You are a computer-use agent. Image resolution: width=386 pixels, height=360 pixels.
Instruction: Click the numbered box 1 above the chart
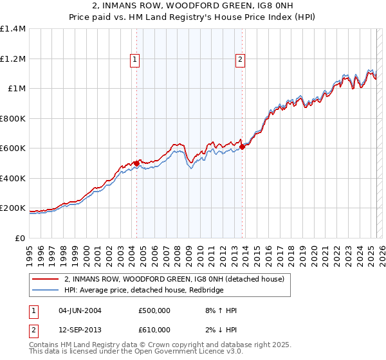[x=136, y=60]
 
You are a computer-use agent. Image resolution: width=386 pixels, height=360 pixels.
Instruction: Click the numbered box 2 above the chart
[x=240, y=60]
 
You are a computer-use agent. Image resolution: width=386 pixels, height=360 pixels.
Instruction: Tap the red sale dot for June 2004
[x=136, y=163]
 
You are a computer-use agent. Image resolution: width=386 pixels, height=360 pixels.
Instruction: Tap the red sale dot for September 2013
[x=242, y=147]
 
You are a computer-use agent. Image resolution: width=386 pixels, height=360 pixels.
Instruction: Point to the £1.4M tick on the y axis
[x=13, y=29]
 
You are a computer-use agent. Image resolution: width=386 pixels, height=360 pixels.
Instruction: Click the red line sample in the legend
[x=45, y=279]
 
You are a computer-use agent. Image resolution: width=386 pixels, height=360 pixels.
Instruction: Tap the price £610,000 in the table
[x=154, y=329]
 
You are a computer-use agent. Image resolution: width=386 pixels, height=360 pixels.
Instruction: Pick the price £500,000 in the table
[x=154, y=310]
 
